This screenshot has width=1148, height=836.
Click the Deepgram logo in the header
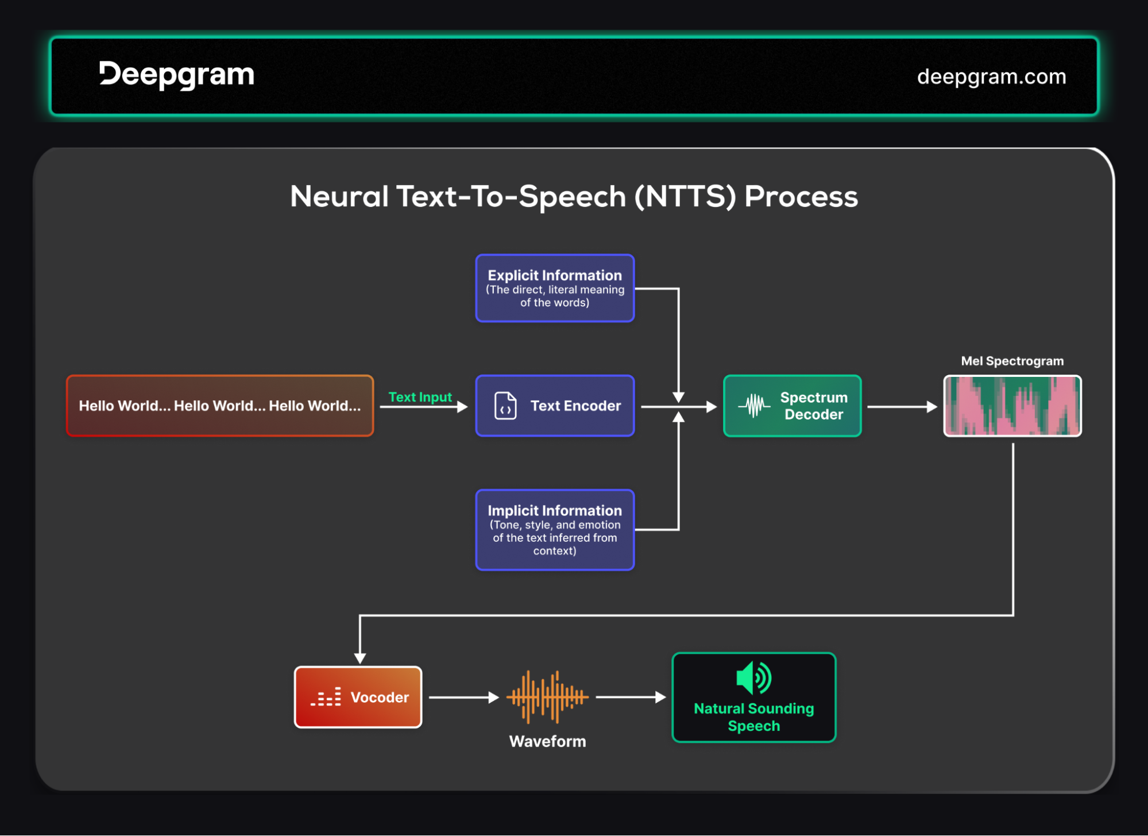click(x=176, y=75)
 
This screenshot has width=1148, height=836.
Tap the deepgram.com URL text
click(x=991, y=76)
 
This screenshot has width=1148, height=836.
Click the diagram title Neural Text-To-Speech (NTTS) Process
click(x=574, y=197)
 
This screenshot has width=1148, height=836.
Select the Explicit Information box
click(x=555, y=288)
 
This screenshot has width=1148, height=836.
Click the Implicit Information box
click(x=555, y=530)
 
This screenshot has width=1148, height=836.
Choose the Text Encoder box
click(x=555, y=406)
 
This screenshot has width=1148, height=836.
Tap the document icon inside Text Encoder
click(x=505, y=406)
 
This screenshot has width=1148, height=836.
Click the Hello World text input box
click(x=220, y=406)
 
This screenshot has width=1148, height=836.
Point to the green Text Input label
click(x=420, y=397)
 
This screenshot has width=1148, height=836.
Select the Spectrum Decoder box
click(x=792, y=406)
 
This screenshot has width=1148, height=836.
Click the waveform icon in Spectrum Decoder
click(x=754, y=406)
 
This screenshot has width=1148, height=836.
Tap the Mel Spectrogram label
click(x=1012, y=361)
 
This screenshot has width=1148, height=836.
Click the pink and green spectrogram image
click(x=1012, y=406)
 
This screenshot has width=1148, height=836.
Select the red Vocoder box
click(x=358, y=697)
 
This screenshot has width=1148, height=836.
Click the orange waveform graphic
click(x=547, y=697)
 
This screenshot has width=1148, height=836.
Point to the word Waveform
click(x=547, y=741)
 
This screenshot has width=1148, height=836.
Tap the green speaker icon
click(x=753, y=678)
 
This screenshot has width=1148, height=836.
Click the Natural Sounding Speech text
click(x=753, y=717)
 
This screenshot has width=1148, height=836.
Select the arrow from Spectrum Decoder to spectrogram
click(x=902, y=407)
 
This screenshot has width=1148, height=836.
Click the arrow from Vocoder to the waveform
click(x=464, y=698)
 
